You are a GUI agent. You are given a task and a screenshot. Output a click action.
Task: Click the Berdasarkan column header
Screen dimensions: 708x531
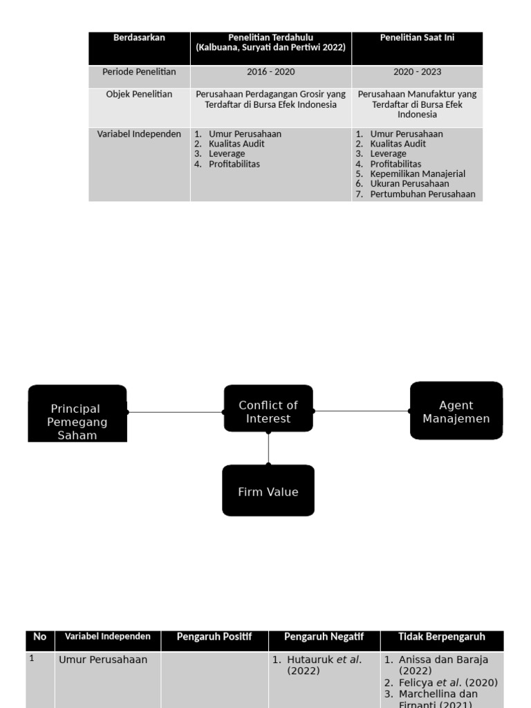[x=139, y=38]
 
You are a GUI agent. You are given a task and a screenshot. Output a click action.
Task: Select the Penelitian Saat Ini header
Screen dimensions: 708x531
[x=416, y=38]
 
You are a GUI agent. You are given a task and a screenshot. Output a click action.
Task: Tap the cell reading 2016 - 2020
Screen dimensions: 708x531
[x=270, y=72]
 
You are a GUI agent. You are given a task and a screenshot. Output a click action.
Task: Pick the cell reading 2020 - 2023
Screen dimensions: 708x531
[x=417, y=72]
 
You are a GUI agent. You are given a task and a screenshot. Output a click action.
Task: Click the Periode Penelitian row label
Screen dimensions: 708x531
[x=139, y=72]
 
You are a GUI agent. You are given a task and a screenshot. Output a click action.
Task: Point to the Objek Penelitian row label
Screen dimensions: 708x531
[x=139, y=94]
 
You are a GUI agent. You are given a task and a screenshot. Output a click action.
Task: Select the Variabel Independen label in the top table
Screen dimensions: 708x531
[x=139, y=134]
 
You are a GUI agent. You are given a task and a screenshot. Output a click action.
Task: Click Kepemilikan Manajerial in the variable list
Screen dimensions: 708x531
[x=417, y=174]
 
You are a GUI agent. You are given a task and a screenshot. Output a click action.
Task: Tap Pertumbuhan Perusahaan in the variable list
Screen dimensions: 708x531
[x=422, y=194]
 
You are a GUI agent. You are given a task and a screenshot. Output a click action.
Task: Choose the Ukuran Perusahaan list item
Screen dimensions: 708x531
[x=409, y=184]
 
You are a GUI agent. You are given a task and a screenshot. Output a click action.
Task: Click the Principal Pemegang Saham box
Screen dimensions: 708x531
[x=77, y=414]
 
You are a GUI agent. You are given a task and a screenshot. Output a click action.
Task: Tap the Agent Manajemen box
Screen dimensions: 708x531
[x=456, y=411]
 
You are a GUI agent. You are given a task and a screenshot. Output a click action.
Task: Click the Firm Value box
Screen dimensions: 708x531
[x=268, y=491]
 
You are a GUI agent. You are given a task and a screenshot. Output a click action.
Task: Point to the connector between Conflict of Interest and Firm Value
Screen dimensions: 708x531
[x=268, y=448]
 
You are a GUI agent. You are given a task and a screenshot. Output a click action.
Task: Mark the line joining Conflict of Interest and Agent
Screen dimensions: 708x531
[x=362, y=411]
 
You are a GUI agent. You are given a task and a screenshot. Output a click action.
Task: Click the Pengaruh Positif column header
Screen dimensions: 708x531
[x=214, y=637]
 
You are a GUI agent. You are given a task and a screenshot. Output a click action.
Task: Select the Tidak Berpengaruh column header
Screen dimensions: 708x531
[x=442, y=637]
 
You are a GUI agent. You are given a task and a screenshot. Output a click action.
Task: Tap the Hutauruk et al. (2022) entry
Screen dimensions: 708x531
[x=324, y=665]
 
